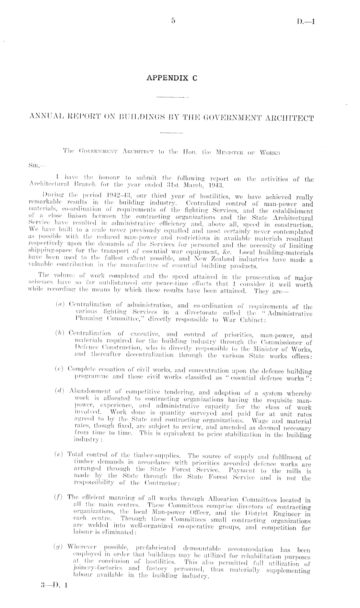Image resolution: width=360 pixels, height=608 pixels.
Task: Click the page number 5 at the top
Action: coord(173,21)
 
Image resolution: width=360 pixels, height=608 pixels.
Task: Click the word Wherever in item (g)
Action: coord(80,546)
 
